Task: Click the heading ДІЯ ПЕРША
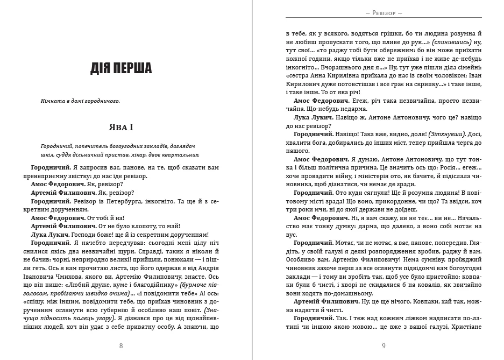(121, 68)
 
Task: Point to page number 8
(121, 346)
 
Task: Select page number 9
(384, 346)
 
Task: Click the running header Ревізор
(384, 12)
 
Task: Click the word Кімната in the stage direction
(53, 101)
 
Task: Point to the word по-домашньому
(347, 293)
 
